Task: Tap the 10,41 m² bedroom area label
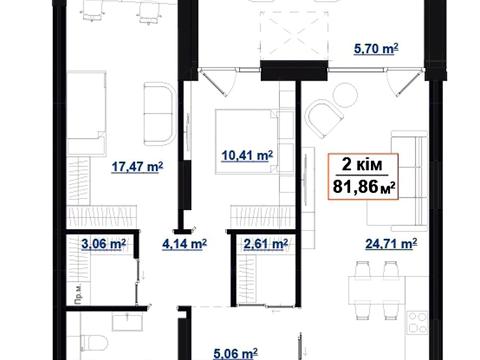click(247, 155)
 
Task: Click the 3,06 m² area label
click(104, 242)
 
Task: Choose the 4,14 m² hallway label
click(183, 242)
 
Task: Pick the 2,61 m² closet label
click(265, 242)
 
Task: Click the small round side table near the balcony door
click(341, 94)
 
